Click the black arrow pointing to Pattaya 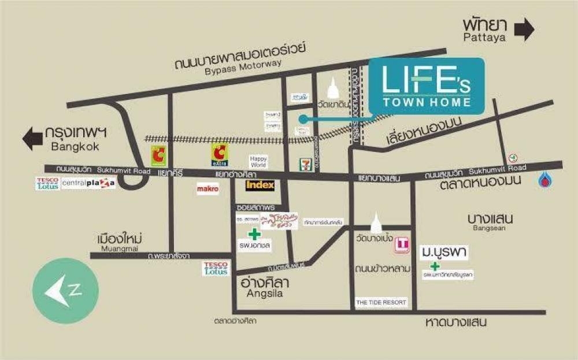click(x=524, y=30)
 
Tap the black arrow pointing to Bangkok click(x=33, y=139)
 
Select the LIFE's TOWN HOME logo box click(x=427, y=86)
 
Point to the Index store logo click(x=260, y=185)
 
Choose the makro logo click(x=208, y=188)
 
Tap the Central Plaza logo click(x=88, y=184)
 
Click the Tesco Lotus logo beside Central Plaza click(x=47, y=184)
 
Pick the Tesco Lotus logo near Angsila click(x=216, y=268)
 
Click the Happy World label click(x=258, y=161)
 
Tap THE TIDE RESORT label click(x=381, y=302)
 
